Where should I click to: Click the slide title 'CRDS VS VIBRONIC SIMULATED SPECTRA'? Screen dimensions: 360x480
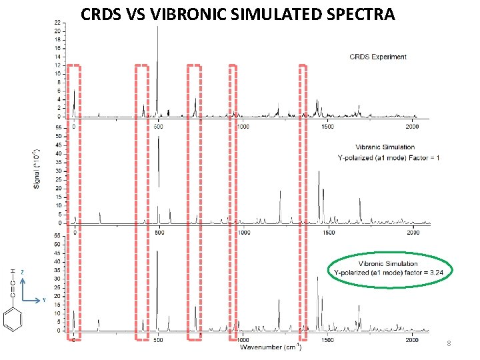pyautogui.click(x=237, y=13)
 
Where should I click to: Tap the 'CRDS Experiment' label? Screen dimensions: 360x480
pyautogui.click(x=378, y=57)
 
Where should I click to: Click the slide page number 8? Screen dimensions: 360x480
pyautogui.click(x=449, y=343)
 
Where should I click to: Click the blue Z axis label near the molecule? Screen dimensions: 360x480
pyautogui.click(x=22, y=271)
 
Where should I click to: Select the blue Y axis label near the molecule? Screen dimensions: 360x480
pyautogui.click(x=44, y=300)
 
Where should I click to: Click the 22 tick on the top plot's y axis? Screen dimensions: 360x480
pyautogui.click(x=58, y=23)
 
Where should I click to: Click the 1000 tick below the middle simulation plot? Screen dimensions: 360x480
pyautogui.click(x=243, y=233)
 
